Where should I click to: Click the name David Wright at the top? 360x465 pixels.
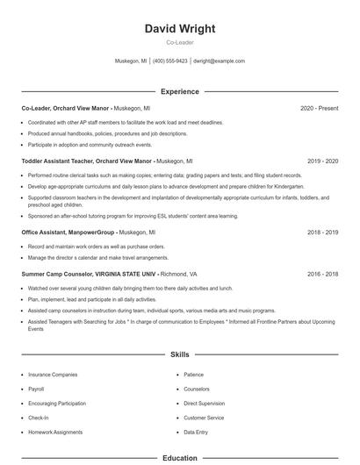pyautogui.click(x=179, y=29)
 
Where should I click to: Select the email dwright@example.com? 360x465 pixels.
pyautogui.click(x=219, y=61)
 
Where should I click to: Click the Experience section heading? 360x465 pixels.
pyautogui.click(x=179, y=91)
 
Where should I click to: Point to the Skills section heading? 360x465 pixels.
pyautogui.click(x=179, y=354)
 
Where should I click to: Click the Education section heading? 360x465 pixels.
pyautogui.click(x=179, y=457)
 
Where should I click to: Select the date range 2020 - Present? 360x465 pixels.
pyautogui.click(x=319, y=108)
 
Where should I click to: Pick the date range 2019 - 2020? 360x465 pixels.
pyautogui.click(x=323, y=161)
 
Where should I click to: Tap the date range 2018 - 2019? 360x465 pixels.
pyautogui.click(x=323, y=232)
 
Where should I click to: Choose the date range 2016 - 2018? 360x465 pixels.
pyautogui.click(x=323, y=273)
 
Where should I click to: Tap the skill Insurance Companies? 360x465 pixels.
pyautogui.click(x=53, y=374)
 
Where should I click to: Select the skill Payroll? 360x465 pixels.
pyautogui.click(x=36, y=389)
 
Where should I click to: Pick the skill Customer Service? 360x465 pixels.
pyautogui.click(x=204, y=418)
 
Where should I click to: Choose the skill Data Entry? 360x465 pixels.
pyautogui.click(x=196, y=433)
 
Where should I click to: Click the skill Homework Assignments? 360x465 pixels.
pyautogui.click(x=56, y=433)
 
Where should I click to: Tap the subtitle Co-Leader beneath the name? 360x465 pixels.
pyautogui.click(x=179, y=42)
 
